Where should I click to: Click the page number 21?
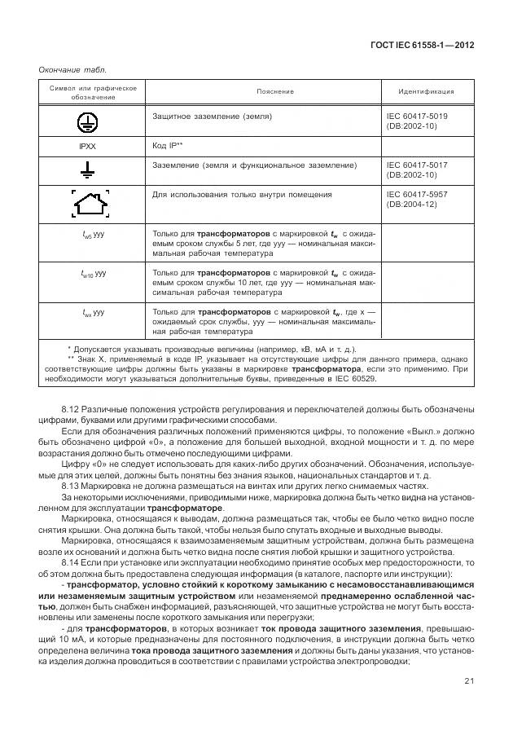pyautogui.click(x=469, y=680)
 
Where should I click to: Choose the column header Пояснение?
pyautogui.click(x=274, y=92)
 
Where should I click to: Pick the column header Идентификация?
pyautogui.click(x=426, y=92)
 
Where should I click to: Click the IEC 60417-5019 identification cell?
pyautogui.click(x=416, y=121)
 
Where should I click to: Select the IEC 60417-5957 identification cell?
pyautogui.click(x=416, y=200)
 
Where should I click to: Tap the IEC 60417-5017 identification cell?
pyautogui.click(x=416, y=169)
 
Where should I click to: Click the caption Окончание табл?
pyautogui.click(x=72, y=70)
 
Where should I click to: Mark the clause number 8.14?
pyautogui.click(x=70, y=562)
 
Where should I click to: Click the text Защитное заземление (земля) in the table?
pyautogui.click(x=212, y=117)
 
